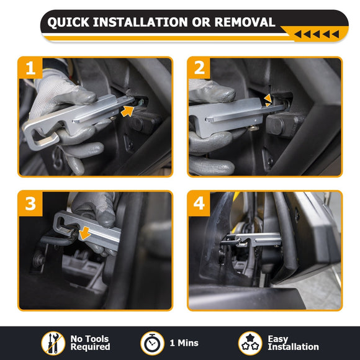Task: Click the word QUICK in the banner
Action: pos(68,22)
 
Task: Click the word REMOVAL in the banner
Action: pos(245,22)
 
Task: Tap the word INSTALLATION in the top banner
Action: pos(140,22)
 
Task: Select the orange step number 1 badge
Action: pos(30,68)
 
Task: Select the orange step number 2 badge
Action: pos(199,68)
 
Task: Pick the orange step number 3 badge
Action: pos(30,204)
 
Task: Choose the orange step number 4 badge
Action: pos(199,204)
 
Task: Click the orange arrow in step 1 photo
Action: pos(128,111)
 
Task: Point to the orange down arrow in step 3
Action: pos(84,233)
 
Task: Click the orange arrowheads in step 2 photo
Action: pos(268,101)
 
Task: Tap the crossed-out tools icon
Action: pos(53,343)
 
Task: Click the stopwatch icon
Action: pos(152,343)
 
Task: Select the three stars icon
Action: pos(250,343)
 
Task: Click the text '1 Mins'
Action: pos(184,343)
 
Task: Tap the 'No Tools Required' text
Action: pos(90,343)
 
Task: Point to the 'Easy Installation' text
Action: pos(293,343)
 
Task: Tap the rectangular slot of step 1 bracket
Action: pos(44,140)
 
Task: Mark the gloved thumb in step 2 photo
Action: pos(214,92)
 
